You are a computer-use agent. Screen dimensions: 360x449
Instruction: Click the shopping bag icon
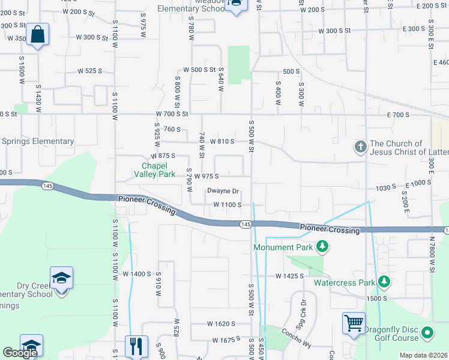click(x=37, y=35)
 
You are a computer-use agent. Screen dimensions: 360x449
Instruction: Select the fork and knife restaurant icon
click(x=136, y=346)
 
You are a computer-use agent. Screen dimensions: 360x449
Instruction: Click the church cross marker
click(x=360, y=146)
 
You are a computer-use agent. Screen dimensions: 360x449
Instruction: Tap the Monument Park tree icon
click(x=323, y=247)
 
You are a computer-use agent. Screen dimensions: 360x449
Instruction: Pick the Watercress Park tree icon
click(x=382, y=281)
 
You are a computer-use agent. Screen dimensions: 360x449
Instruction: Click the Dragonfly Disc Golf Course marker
click(x=427, y=332)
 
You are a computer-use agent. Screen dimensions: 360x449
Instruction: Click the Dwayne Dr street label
click(x=223, y=191)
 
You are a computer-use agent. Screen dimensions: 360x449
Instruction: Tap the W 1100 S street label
click(x=228, y=205)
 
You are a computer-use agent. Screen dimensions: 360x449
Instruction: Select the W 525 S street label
click(x=89, y=71)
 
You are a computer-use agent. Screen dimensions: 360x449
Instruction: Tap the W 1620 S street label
click(x=221, y=323)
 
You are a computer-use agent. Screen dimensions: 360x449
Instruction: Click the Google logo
click(x=20, y=353)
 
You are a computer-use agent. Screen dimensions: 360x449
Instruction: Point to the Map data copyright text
click(x=423, y=355)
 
